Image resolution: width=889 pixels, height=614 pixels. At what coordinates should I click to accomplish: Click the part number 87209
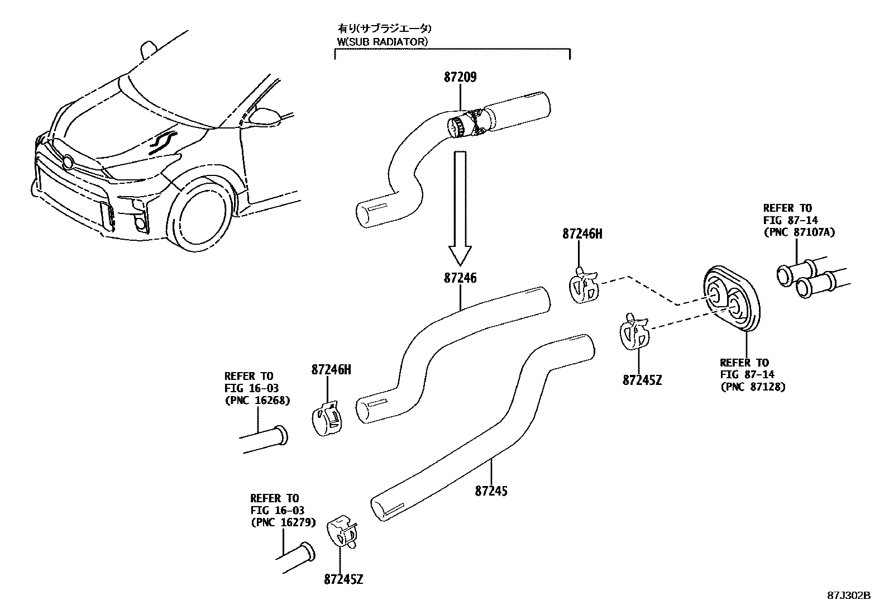(x=460, y=78)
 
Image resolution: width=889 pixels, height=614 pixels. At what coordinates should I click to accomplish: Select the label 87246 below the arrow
(x=460, y=278)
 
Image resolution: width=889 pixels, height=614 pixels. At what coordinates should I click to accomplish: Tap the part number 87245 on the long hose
(x=491, y=491)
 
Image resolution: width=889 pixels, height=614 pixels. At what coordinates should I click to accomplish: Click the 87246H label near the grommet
(x=582, y=235)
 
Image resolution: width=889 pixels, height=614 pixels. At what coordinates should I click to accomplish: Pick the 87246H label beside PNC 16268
(x=331, y=369)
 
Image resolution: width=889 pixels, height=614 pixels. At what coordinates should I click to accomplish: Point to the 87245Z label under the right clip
(x=642, y=380)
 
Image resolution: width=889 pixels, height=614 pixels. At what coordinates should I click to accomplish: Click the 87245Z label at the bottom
(x=343, y=579)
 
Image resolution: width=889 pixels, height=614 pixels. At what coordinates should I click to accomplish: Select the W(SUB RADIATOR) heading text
(x=383, y=41)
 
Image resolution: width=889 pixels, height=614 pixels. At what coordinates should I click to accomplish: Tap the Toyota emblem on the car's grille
(x=68, y=163)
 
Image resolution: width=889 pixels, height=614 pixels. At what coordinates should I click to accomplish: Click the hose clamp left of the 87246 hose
(x=327, y=419)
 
